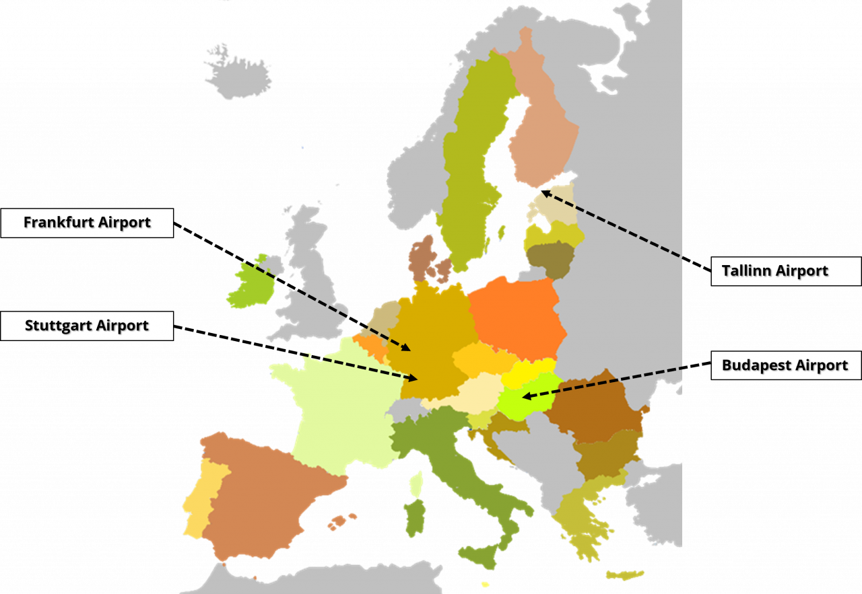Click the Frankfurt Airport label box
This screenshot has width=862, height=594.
click(x=87, y=223)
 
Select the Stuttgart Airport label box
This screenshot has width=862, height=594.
click(x=87, y=326)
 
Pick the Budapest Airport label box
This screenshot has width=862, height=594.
click(x=785, y=365)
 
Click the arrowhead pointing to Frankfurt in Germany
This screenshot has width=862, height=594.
click(x=407, y=348)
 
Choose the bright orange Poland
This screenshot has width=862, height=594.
click(x=515, y=316)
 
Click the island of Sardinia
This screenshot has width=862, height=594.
click(x=415, y=517)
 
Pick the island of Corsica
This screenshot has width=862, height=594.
click(x=417, y=482)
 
